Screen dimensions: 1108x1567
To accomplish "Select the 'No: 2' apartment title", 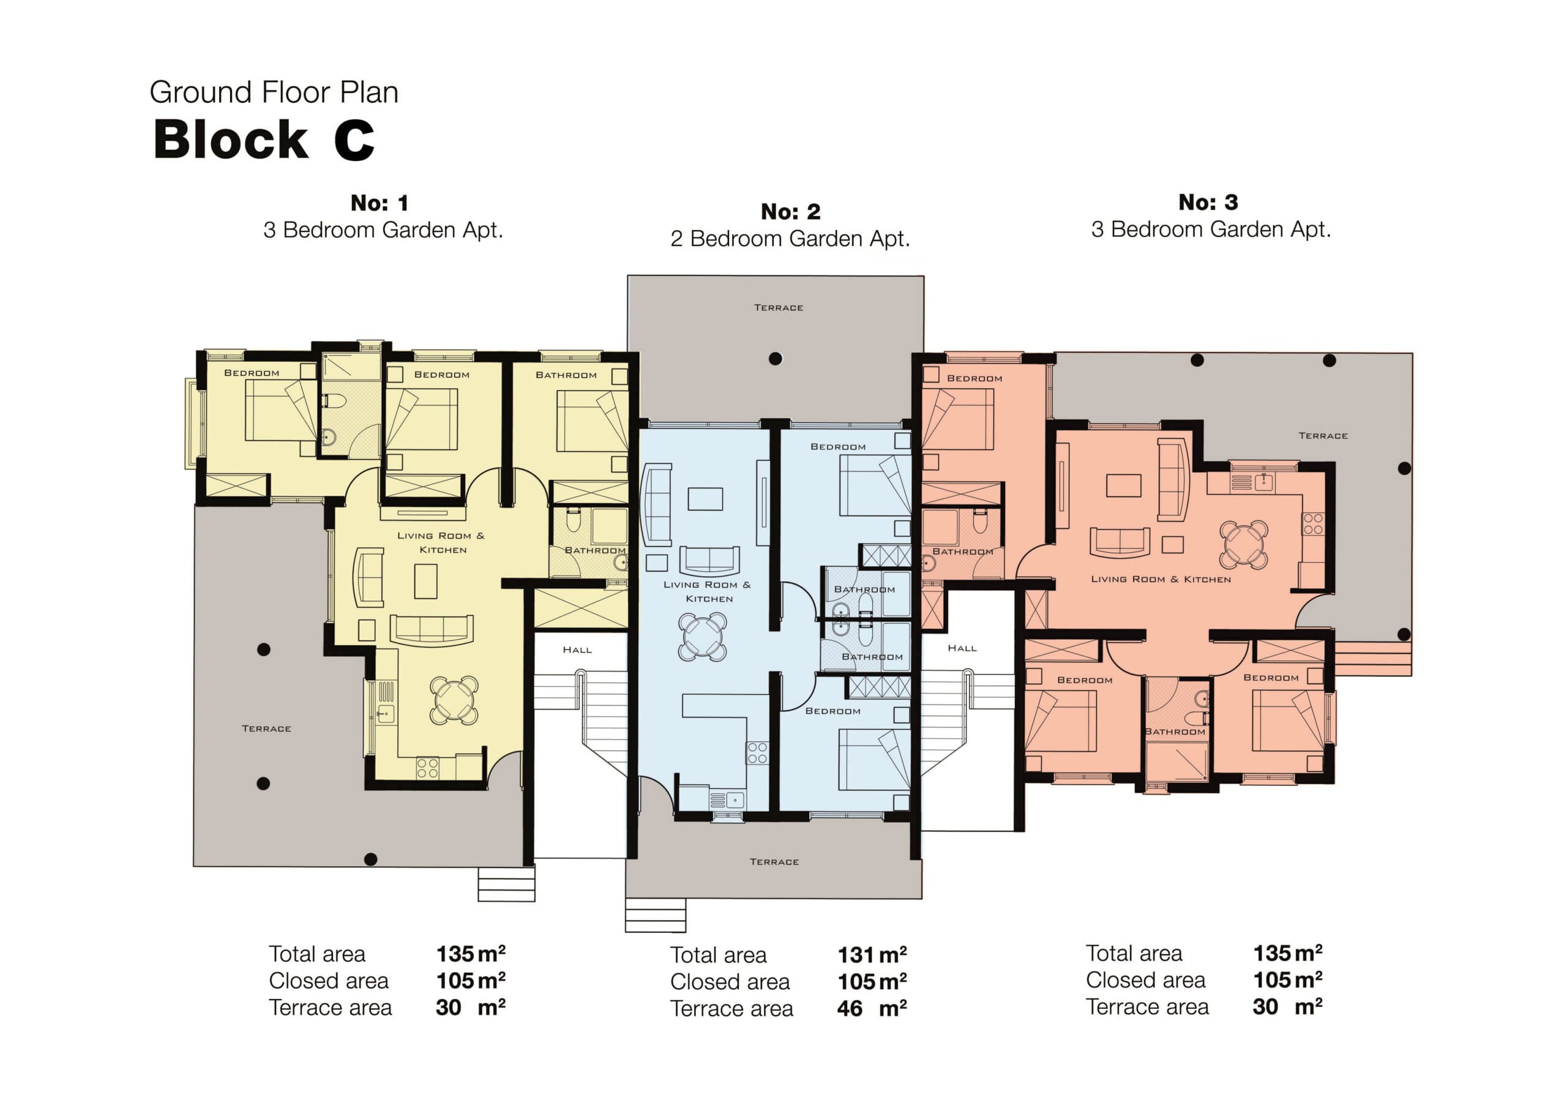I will click(790, 212).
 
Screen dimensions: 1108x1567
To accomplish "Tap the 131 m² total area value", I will click(872, 954).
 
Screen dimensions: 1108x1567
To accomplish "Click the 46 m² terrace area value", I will click(872, 1008).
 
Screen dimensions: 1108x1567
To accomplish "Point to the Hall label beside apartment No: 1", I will click(577, 650).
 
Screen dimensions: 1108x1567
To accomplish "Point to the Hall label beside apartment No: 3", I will click(962, 648).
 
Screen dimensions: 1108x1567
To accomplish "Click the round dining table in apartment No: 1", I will click(454, 700).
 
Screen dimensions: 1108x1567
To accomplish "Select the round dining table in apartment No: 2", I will click(702, 636).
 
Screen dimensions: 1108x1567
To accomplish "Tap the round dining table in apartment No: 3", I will click(1243, 545).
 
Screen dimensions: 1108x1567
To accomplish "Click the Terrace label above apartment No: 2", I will click(778, 308).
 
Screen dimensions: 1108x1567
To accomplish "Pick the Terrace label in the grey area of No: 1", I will click(266, 728).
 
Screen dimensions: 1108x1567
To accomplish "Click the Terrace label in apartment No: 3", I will click(1323, 436).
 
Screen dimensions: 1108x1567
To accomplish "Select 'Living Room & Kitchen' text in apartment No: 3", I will click(1160, 579).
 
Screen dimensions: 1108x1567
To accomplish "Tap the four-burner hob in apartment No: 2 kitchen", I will click(757, 753).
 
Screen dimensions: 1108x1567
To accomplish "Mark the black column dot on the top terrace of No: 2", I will click(776, 358).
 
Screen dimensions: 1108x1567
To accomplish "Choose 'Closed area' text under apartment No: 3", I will click(1145, 979).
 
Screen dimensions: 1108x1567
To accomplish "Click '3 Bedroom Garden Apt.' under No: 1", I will click(383, 230).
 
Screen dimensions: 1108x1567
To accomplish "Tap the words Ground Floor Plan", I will click(274, 92).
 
